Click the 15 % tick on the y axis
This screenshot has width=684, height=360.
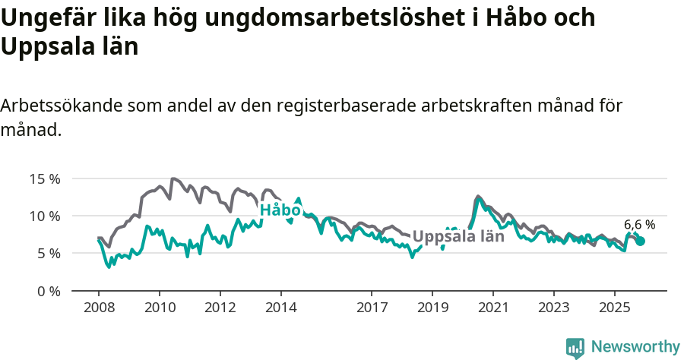[x=45, y=179]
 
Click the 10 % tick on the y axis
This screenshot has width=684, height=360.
[x=45, y=216]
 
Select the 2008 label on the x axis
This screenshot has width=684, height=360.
[x=99, y=309]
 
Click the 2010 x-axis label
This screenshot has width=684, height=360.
[x=160, y=309]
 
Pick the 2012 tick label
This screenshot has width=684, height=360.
[x=220, y=309]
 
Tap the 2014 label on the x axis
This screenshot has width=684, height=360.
[x=280, y=309]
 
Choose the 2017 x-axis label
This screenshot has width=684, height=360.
[x=372, y=309]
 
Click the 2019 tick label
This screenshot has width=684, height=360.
[x=432, y=309]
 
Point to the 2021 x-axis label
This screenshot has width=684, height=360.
[x=493, y=309]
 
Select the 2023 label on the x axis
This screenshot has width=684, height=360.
[x=553, y=309]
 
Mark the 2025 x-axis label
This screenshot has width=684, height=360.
[x=614, y=309]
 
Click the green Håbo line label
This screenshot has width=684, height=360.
[x=280, y=210]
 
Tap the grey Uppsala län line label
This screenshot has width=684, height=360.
[x=458, y=236]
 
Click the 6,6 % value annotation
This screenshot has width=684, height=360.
[x=639, y=225]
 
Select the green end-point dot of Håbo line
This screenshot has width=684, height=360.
[x=640, y=241]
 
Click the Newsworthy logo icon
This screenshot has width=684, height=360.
[x=575, y=348]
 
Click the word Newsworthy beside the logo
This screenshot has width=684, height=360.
[x=635, y=347]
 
